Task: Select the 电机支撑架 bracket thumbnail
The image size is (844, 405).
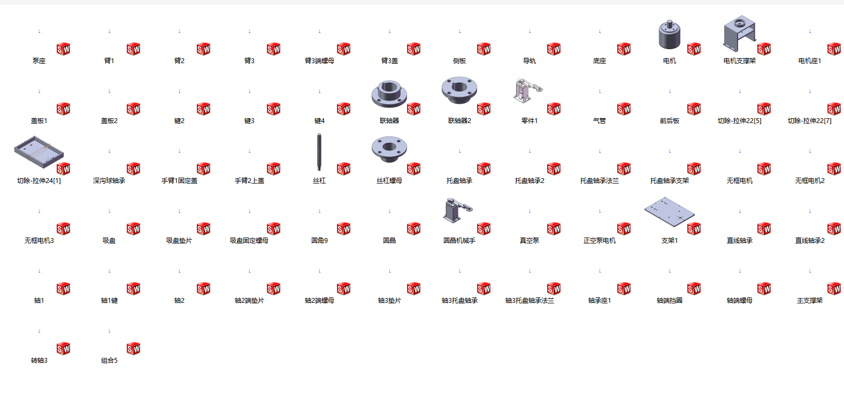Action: point(739,33)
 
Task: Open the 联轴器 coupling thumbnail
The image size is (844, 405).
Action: point(389,94)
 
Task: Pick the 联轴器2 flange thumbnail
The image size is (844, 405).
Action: point(459,90)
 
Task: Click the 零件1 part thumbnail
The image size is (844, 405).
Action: point(527,90)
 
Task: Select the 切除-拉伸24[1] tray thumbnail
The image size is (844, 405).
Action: point(39,152)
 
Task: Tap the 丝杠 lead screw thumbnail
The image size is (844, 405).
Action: point(319,152)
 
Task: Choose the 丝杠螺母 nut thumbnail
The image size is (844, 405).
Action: point(389,149)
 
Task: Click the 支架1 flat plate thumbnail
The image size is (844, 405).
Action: point(670,212)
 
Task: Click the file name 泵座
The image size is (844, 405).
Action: point(39,60)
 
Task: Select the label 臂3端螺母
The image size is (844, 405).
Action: point(319,60)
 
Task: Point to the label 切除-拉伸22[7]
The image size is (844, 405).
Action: point(810,120)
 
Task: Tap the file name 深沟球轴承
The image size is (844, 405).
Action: point(109,180)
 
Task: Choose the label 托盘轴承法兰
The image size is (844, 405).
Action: point(600,180)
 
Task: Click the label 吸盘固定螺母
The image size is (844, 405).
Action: point(249,240)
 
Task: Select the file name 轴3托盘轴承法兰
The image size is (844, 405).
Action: point(530,300)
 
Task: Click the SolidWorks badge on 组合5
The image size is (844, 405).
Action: point(133,348)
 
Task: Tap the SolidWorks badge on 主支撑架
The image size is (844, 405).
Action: point(834,288)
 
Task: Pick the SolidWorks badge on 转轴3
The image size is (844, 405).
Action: point(63,348)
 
